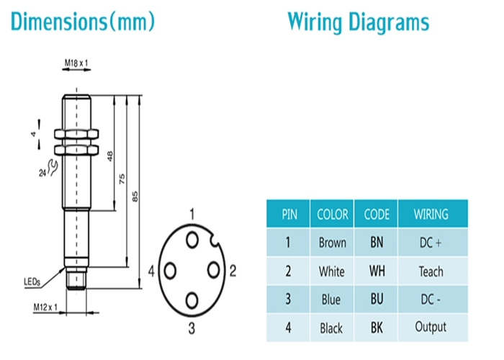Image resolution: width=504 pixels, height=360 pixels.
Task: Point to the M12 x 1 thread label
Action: click(x=45, y=307)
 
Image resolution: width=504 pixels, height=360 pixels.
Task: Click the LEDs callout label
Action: click(x=32, y=282)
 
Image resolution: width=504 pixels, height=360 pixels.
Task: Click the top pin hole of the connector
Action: click(x=192, y=238)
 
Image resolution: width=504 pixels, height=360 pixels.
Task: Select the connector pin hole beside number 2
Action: click(x=213, y=269)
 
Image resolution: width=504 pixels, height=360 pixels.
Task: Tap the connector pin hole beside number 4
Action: click(x=171, y=271)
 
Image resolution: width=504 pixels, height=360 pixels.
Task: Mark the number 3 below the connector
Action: click(x=192, y=329)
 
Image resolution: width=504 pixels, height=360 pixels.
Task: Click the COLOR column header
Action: click(x=333, y=214)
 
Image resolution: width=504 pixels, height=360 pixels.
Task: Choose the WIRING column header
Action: click(x=431, y=214)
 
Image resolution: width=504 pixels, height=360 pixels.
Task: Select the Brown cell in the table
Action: click(x=333, y=243)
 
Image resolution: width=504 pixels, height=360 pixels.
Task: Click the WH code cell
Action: click(x=377, y=271)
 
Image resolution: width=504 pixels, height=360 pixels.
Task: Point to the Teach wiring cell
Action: click(x=431, y=271)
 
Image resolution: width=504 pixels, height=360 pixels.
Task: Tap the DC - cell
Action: click(x=431, y=299)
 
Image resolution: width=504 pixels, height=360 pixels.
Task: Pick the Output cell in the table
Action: click(x=431, y=327)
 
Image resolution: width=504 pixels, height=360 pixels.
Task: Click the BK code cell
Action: click(x=377, y=327)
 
